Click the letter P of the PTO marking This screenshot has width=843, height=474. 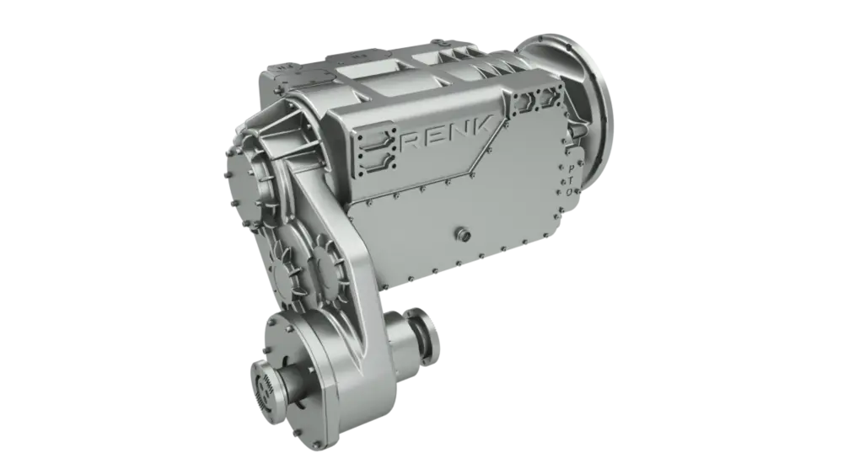[571, 169]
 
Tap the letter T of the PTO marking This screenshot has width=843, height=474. [570, 180]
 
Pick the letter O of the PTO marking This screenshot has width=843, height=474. [569, 192]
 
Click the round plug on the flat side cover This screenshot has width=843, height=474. [463, 234]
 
